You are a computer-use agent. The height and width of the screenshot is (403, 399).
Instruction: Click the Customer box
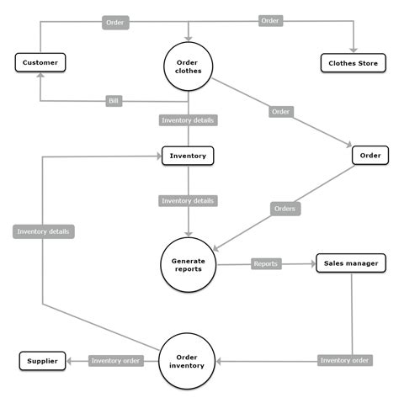(40, 62)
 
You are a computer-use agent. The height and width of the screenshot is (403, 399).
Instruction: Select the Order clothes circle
(188, 66)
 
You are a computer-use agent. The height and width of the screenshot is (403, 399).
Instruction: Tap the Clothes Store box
(352, 62)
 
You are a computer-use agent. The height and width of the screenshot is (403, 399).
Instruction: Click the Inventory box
(188, 156)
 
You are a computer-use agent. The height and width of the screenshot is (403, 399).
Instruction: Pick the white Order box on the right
(370, 156)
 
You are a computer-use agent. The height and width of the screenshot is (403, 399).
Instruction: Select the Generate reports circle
(188, 264)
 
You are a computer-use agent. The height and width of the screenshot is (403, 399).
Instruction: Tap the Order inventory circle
(188, 361)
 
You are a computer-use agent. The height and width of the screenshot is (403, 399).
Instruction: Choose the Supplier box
(41, 361)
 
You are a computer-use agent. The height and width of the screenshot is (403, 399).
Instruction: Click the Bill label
(114, 102)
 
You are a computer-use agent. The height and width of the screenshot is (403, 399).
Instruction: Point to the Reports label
(265, 263)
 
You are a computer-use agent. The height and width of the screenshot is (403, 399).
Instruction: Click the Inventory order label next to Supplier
(117, 361)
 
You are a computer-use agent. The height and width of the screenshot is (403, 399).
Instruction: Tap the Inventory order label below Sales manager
(344, 361)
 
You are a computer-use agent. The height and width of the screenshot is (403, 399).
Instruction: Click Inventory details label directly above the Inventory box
(188, 120)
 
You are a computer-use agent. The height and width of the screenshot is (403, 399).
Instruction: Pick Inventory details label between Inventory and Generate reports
(188, 201)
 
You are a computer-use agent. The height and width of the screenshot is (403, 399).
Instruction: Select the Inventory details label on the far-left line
(44, 231)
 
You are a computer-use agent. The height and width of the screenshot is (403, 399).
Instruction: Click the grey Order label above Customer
(116, 23)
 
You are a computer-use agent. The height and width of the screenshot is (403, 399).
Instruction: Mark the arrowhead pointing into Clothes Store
(353, 50)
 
